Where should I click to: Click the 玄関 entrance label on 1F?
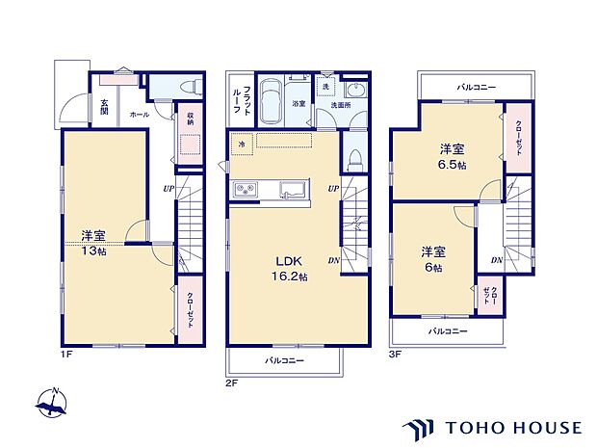point(104,108)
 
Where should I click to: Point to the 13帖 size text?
point(93,250)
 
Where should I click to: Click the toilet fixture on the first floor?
point(185,88)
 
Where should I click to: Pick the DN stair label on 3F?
point(495,260)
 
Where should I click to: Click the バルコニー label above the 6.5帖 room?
point(477,87)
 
